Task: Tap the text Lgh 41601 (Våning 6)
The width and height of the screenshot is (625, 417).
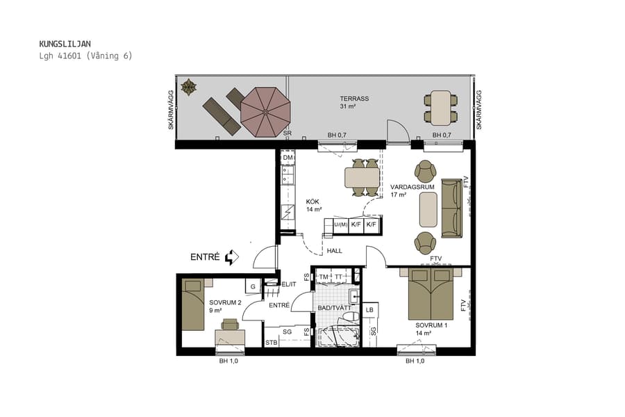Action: click(x=85, y=56)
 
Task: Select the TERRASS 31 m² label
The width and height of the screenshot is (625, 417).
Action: click(x=353, y=102)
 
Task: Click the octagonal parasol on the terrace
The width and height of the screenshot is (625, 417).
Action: click(x=265, y=111)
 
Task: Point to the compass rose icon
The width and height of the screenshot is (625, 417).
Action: click(x=188, y=87)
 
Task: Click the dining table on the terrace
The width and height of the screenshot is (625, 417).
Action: click(x=441, y=108)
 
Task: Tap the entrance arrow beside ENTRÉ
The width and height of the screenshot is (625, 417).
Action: click(x=232, y=257)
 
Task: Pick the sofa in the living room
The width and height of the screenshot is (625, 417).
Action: click(x=451, y=208)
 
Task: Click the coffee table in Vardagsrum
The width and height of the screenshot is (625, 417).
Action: click(x=428, y=210)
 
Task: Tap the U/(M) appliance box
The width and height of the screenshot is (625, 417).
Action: click(x=340, y=224)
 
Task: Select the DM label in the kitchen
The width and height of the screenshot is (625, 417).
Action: click(x=287, y=158)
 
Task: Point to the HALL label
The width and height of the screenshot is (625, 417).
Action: click(x=335, y=251)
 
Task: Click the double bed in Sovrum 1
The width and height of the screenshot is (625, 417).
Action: click(x=431, y=294)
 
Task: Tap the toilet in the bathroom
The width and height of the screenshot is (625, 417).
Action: click(x=351, y=317)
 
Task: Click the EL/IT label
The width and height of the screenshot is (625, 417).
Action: click(x=289, y=284)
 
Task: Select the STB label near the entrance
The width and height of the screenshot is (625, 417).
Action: click(x=272, y=343)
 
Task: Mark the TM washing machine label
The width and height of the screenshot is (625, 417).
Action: click(x=323, y=277)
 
